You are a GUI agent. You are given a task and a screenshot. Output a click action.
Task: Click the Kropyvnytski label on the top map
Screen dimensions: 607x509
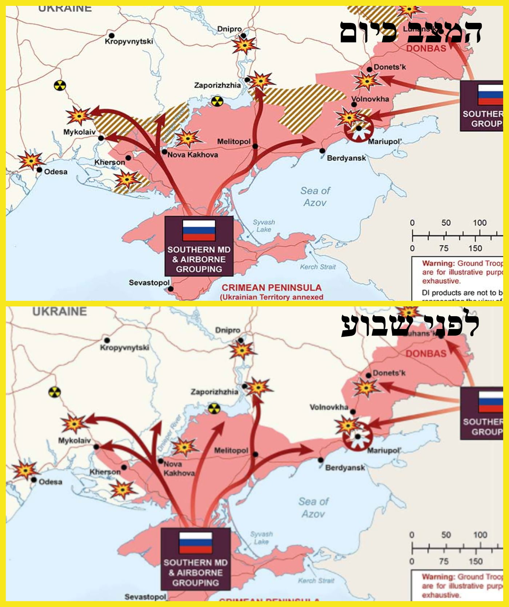point(129,41)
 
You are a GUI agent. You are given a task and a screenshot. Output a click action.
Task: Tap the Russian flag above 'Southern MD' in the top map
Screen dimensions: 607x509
point(199,230)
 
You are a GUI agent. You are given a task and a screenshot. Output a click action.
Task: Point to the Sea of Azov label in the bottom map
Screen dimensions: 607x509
point(313,507)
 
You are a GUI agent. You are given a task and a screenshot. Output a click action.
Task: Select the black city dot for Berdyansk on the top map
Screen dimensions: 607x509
point(322,151)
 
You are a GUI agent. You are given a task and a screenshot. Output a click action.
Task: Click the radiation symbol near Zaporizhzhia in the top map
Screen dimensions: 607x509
point(217,101)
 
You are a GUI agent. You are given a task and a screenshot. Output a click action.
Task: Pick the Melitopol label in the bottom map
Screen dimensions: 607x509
point(231,450)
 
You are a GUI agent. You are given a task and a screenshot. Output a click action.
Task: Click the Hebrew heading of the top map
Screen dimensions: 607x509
point(411,32)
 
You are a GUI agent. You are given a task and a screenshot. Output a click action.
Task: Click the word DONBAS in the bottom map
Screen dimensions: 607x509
point(426,353)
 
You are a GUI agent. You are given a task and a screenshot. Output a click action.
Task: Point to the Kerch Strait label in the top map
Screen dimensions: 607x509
point(318,267)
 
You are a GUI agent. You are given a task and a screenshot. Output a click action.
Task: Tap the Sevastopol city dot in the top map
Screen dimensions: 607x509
point(171,289)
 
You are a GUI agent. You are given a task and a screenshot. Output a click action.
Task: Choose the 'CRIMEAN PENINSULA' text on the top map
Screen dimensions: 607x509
point(272,288)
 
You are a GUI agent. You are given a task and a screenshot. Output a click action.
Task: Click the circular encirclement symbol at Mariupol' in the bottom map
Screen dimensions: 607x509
point(358,437)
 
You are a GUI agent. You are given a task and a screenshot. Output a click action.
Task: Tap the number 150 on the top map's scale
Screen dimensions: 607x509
point(475,248)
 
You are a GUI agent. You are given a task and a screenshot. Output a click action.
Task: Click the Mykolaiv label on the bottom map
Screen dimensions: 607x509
point(74,441)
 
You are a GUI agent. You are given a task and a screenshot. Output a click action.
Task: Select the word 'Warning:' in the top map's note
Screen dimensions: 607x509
point(438,263)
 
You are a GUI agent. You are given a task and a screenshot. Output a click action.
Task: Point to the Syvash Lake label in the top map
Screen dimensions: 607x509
point(264,226)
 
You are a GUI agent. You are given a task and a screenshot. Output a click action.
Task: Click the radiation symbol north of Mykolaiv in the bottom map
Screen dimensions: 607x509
point(55,392)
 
